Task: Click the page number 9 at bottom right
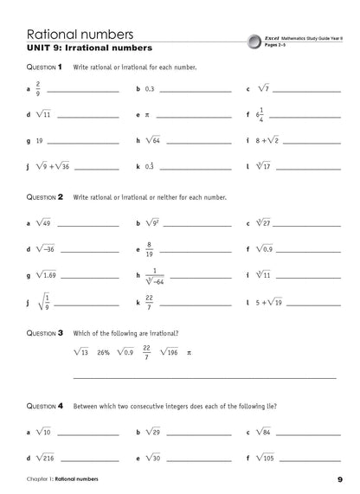coord(339,478)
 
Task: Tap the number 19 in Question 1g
coord(40,139)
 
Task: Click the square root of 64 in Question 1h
coord(154,139)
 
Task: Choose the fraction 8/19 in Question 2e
coord(150,249)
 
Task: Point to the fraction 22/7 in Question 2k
coord(150,303)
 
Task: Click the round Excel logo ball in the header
coord(252,40)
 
